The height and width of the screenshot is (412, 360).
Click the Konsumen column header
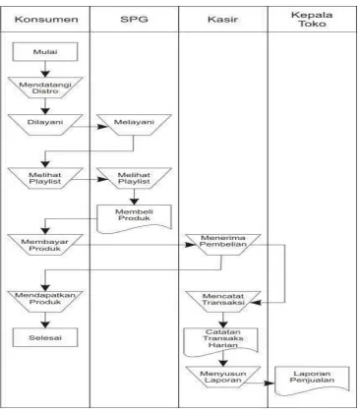[46, 20]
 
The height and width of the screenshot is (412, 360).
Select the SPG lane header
[134, 20]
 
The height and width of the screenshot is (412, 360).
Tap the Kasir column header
[222, 20]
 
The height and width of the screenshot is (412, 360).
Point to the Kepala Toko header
[312, 20]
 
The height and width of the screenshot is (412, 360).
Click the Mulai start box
[45, 52]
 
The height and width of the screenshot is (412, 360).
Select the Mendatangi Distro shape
[45, 88]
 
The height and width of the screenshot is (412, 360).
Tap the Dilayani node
[45, 125]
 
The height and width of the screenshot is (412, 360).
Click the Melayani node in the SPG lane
[134, 125]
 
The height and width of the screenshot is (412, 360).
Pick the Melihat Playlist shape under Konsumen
[45, 178]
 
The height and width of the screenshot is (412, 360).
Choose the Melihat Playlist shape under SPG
[134, 178]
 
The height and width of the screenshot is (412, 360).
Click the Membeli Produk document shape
[134, 219]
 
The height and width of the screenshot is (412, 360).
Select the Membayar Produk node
[45, 245]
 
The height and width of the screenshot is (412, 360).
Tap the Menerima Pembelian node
[223, 245]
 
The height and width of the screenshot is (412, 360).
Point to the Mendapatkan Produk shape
[45, 302]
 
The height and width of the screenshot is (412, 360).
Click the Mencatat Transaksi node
[223, 302]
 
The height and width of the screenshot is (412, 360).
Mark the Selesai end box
[45, 337]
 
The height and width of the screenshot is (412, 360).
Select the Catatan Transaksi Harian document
[221, 342]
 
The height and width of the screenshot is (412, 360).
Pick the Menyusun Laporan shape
[223, 377]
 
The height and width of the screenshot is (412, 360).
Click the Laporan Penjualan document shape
[312, 381]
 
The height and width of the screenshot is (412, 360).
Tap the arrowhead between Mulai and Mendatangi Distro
[45, 74]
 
